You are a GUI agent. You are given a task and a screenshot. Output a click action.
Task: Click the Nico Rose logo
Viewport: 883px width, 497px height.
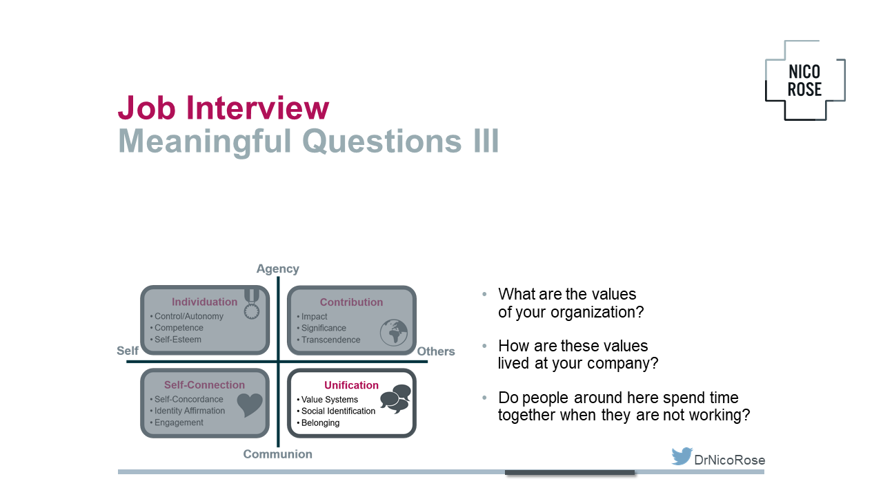[x=804, y=81]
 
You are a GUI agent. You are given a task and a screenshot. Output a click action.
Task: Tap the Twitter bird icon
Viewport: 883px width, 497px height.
[x=682, y=456]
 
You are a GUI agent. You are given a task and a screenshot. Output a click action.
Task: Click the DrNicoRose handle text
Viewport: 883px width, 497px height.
[x=729, y=460]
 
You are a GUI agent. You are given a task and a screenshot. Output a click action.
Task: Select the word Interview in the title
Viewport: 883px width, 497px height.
[x=257, y=107]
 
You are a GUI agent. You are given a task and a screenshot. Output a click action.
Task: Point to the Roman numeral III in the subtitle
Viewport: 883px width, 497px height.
[x=486, y=141]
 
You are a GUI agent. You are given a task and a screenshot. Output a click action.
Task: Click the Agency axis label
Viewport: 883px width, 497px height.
[x=277, y=269]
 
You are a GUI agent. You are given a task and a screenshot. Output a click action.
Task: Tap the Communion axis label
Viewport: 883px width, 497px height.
[x=277, y=454]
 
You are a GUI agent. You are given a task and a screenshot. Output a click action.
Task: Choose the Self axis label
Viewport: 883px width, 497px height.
[x=128, y=351]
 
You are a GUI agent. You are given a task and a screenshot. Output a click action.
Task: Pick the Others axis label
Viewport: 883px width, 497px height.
[x=435, y=351]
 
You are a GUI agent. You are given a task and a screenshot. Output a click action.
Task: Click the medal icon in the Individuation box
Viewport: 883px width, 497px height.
[x=252, y=304]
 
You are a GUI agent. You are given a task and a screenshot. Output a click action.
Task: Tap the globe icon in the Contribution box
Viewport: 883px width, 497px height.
[x=394, y=333]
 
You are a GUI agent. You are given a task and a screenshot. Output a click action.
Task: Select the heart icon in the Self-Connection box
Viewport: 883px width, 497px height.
[x=250, y=405]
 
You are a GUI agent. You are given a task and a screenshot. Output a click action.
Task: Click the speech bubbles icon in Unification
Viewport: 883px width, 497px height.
[x=395, y=398]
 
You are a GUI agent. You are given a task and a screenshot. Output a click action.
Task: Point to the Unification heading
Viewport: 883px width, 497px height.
[x=351, y=385]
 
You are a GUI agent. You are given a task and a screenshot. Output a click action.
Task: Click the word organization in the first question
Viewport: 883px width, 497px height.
[x=597, y=313]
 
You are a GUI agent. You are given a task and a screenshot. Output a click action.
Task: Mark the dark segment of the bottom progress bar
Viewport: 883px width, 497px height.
[x=570, y=472]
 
